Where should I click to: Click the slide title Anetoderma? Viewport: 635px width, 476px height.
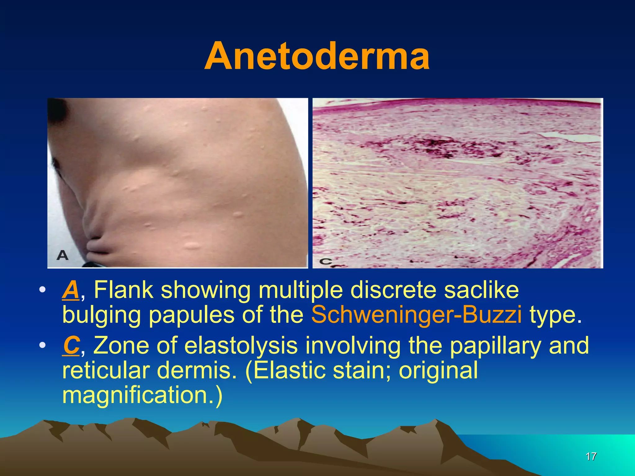pos(317,56)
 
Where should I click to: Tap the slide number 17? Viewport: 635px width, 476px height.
pos(591,456)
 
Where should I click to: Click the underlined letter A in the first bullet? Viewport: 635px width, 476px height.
pos(71,290)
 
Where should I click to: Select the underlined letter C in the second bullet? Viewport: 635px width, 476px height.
pos(71,346)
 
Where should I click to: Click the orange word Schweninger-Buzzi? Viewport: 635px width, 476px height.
pos(416,315)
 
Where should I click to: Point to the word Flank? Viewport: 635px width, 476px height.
pos(123,290)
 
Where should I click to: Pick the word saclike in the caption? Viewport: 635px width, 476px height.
pos(481,290)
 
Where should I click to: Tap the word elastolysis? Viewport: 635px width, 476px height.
pos(241,346)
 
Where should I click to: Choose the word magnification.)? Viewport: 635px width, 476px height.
pos(142,395)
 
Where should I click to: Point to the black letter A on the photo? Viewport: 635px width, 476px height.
pos(63,255)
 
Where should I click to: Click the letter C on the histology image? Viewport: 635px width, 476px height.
pos(326,261)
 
